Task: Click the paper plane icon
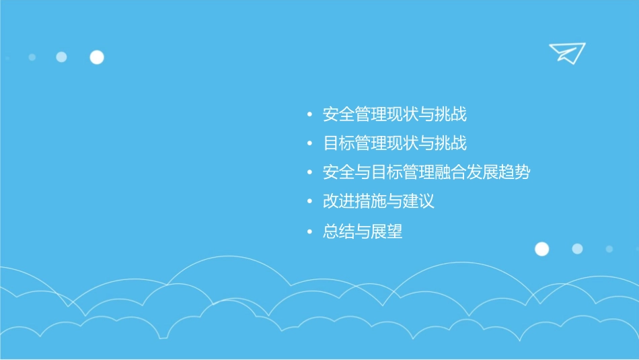click(567, 52)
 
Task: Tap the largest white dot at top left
click(97, 57)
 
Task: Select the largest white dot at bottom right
click(541, 249)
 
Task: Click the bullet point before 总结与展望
click(309, 232)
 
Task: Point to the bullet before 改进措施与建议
click(309, 203)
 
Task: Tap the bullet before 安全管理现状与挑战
click(309, 115)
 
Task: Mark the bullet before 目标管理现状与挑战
click(309, 144)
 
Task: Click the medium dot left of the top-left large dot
click(61, 57)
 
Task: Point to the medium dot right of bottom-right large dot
click(577, 249)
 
